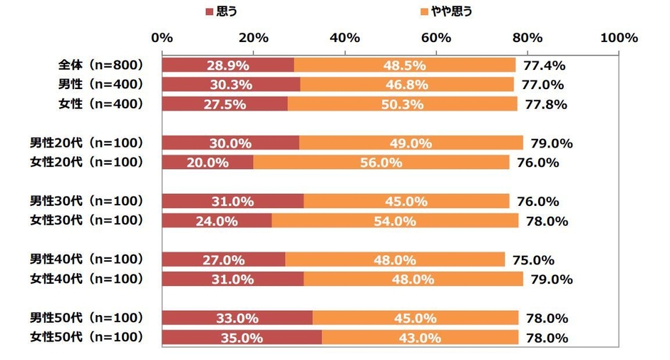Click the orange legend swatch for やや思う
coord(426,11)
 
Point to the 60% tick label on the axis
coord(436,38)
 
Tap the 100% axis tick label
coord(619,38)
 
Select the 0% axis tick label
coord(163,38)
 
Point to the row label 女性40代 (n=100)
coord(86,279)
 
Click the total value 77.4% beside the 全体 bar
coord(544,66)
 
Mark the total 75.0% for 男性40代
coord(533,260)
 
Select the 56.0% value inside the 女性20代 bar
coord(381,163)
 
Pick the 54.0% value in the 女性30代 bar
coord(394,221)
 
